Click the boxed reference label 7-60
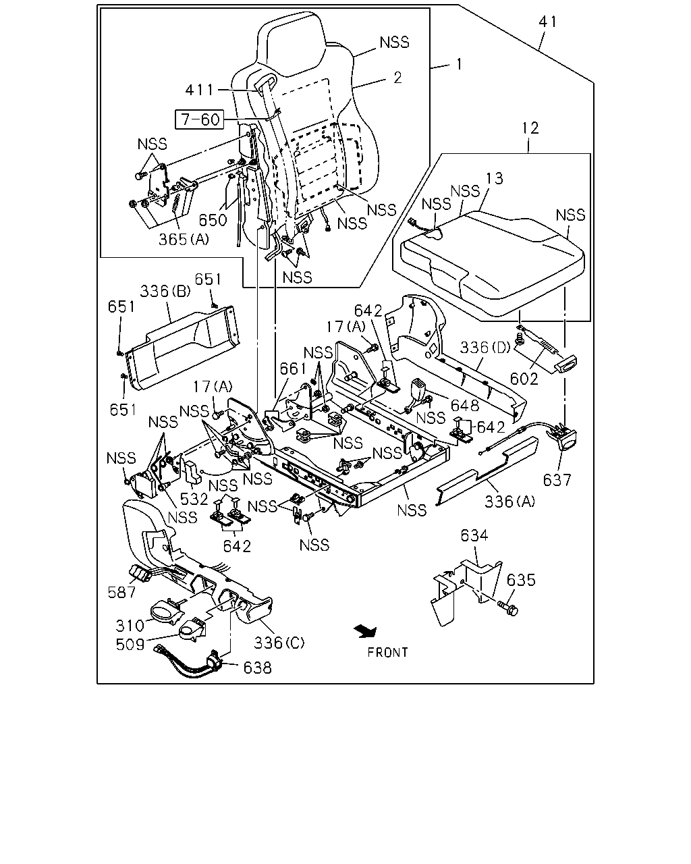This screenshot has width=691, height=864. click(200, 119)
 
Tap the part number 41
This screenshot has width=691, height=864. click(548, 22)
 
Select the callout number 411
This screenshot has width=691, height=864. click(200, 90)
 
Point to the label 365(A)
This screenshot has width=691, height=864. click(184, 239)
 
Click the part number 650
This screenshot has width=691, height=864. click(213, 220)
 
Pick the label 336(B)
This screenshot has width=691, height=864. click(165, 291)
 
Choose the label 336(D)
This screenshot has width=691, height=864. click(485, 347)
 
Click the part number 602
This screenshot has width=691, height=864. click(524, 379)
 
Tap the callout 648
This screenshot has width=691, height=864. click(465, 406)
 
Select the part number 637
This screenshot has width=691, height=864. click(557, 480)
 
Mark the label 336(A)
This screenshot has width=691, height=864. click(510, 502)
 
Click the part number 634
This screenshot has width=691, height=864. click(474, 535)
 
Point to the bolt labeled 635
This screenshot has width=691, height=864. click(507, 610)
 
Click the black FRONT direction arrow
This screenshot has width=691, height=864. click(365, 632)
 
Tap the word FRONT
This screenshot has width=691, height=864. click(388, 653)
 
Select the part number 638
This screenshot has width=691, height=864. click(258, 668)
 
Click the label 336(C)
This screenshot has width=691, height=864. click(279, 643)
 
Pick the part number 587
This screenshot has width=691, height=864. click(121, 592)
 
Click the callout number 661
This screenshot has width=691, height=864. click(293, 369)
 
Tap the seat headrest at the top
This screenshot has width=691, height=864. click(291, 44)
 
